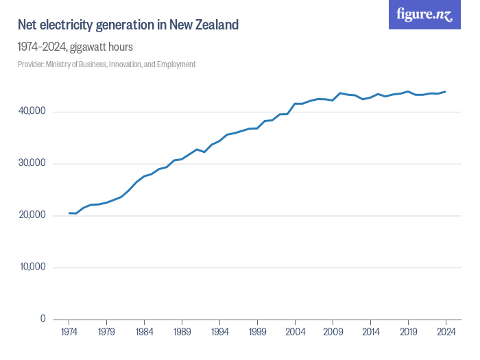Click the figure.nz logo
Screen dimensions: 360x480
[424, 15]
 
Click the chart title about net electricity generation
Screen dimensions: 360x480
[128, 25]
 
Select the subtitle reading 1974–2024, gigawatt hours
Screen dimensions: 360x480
[75, 47]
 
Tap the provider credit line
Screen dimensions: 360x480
[107, 64]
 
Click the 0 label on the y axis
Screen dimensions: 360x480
[43, 319]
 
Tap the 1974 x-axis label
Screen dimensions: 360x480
[69, 333]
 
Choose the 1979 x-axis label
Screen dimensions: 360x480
[106, 333]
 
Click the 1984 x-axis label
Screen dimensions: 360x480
[144, 333]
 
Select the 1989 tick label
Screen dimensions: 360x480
[182, 333]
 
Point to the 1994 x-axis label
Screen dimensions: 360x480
[219, 333]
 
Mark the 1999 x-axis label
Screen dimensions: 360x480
[257, 333]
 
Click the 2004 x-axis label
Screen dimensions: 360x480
[295, 333]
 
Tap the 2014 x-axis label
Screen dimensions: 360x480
[370, 333]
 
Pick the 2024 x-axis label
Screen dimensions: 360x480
[446, 333]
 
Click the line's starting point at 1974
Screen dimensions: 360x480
[69, 213]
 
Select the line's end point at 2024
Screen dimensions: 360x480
[446, 91]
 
